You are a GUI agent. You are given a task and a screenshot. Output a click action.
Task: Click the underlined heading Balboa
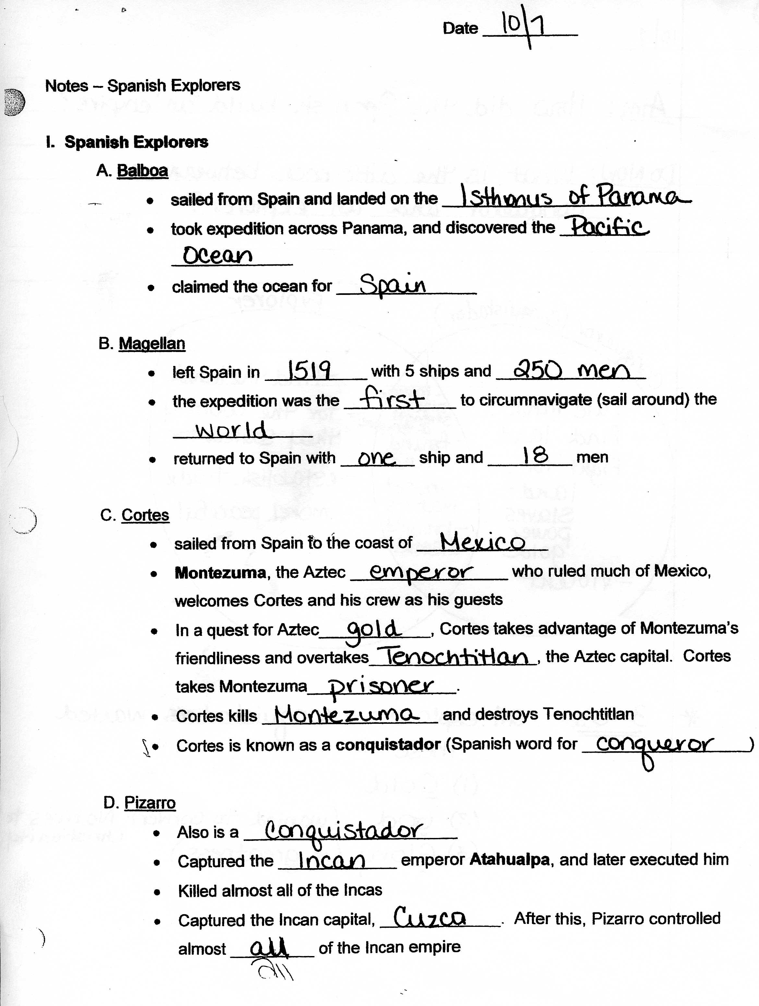(142, 171)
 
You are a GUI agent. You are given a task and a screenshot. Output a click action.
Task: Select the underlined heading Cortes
(145, 515)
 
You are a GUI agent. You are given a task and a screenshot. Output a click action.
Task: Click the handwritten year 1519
(309, 371)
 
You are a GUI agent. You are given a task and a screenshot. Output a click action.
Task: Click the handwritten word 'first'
(392, 399)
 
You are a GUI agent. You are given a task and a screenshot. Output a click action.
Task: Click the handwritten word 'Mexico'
(482, 541)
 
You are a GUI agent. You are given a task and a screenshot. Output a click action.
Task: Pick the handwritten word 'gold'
(374, 630)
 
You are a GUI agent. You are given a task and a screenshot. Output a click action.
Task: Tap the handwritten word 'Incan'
(331, 860)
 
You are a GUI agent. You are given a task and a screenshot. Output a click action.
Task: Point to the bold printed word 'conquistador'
(388, 745)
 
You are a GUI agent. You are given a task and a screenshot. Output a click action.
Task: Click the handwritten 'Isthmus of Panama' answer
(575, 197)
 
